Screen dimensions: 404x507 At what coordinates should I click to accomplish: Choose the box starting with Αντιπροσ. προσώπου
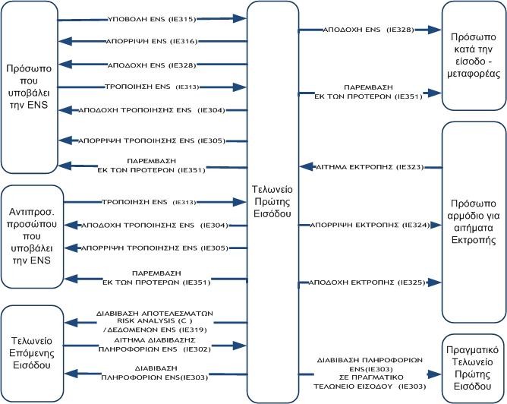point(29,236)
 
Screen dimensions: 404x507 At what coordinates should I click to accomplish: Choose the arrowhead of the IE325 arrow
point(434,282)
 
